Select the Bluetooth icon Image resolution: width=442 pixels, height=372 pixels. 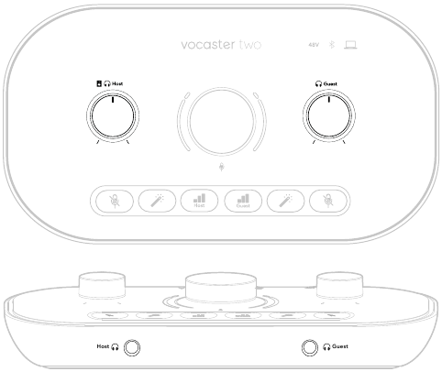coord(333,44)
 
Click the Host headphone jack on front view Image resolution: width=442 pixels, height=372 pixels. coord(134,347)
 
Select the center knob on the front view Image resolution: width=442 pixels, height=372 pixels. coord(221,287)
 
